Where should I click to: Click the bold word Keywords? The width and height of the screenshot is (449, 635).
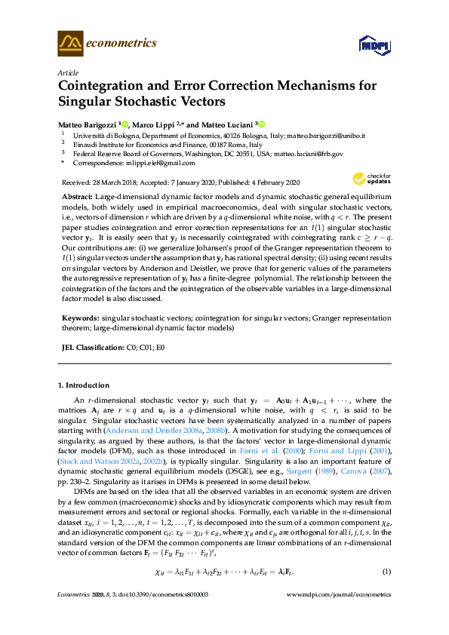click(79, 319)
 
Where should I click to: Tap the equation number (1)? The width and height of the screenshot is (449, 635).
click(387, 570)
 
